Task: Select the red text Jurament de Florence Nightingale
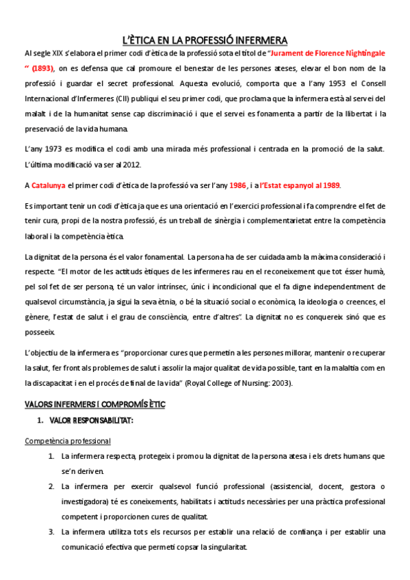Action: pyautogui.click(x=327, y=53)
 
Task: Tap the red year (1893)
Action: pyautogui.click(x=41, y=68)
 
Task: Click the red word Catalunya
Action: pyautogui.click(x=48, y=185)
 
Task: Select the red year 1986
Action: pyautogui.click(x=238, y=185)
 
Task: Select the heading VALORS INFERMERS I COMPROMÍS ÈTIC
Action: pyautogui.click(x=94, y=404)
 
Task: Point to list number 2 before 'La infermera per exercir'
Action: pyautogui.click(x=52, y=486)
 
